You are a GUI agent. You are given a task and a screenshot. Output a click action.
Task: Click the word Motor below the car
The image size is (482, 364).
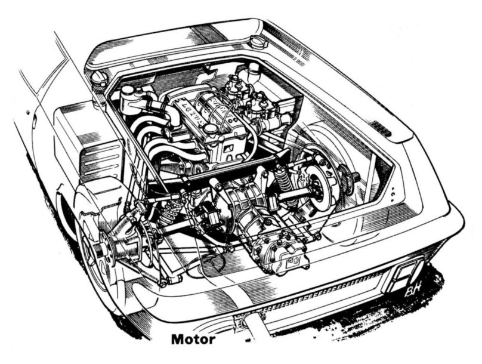[x=193, y=340]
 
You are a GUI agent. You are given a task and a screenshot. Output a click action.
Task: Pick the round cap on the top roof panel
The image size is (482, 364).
[x=257, y=44]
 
